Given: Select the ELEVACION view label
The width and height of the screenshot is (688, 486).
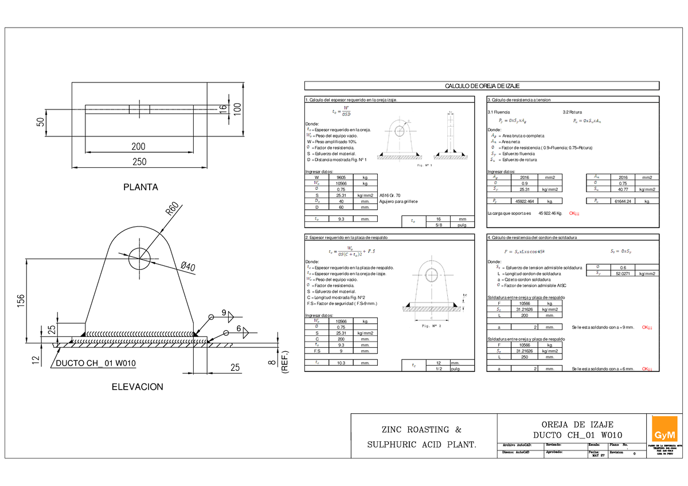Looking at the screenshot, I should point(137,387).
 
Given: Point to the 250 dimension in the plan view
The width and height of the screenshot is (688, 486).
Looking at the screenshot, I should point(138,162).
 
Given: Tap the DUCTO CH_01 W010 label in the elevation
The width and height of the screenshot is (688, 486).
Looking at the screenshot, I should point(95,364).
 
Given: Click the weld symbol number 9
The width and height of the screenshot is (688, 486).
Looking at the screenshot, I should point(224,313).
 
